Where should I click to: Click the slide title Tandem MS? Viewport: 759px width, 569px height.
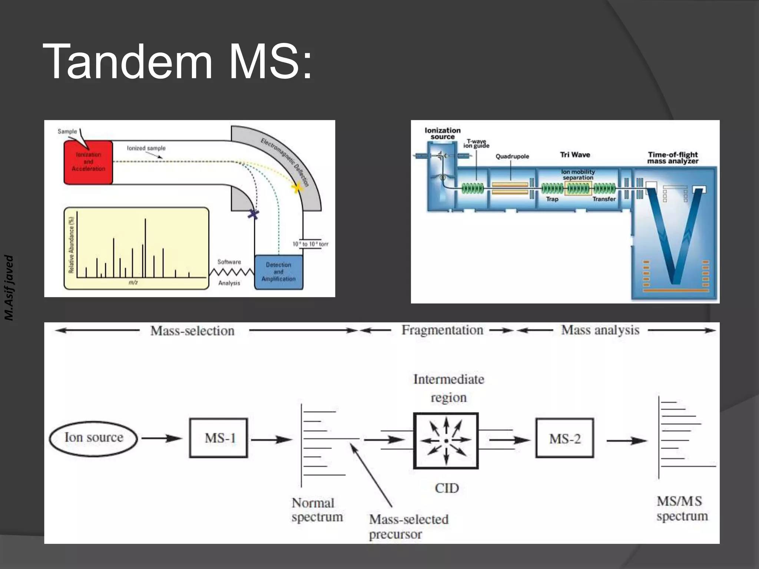177,61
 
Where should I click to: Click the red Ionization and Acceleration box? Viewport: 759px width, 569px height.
88,162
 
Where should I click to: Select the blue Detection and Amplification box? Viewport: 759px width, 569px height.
278,272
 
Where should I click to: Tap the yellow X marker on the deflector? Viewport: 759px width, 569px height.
297,188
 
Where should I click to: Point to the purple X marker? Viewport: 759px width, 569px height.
253,214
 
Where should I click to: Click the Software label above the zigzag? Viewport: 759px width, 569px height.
229,262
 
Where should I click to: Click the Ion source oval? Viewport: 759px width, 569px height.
93,438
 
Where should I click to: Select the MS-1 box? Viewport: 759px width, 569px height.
219,438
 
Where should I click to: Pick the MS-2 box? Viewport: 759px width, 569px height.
564,439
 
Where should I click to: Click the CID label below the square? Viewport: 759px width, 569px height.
447,488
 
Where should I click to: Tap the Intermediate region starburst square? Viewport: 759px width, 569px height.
446,441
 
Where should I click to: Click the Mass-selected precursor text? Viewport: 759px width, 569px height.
408,526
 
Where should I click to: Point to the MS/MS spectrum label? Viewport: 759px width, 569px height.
682,509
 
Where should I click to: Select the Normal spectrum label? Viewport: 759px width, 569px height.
317,510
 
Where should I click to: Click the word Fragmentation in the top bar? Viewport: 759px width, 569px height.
442,330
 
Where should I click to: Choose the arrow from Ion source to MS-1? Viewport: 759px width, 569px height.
162,439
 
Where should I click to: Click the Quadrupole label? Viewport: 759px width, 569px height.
512,156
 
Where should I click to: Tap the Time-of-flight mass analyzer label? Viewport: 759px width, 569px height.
673,158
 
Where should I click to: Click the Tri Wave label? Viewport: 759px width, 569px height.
575,155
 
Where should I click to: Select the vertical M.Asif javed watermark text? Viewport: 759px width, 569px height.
9,287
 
